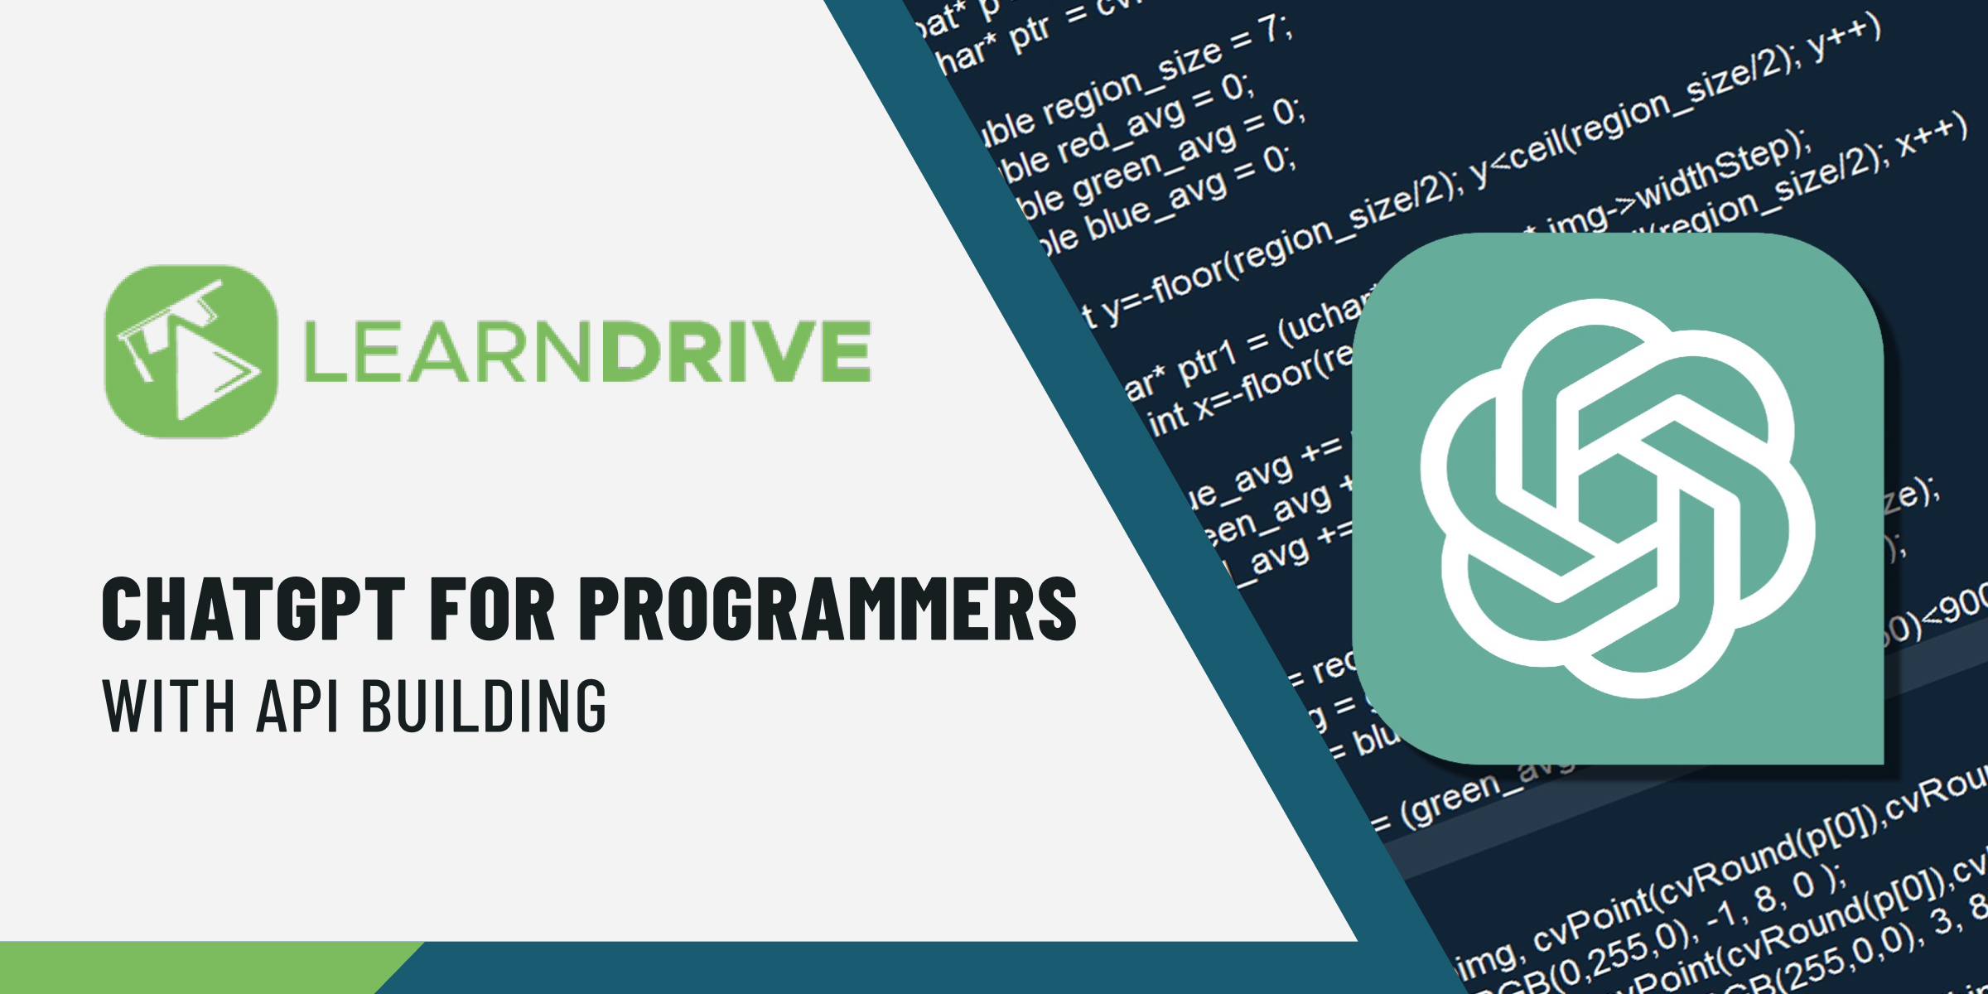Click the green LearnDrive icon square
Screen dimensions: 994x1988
coord(191,351)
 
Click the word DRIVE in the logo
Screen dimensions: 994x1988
coord(736,351)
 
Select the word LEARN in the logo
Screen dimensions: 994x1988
coord(447,351)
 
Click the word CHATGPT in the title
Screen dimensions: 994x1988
coord(253,609)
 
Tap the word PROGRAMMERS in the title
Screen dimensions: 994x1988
coord(828,609)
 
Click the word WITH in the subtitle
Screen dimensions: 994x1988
coord(169,705)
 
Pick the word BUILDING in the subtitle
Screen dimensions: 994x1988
coord(485,705)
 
